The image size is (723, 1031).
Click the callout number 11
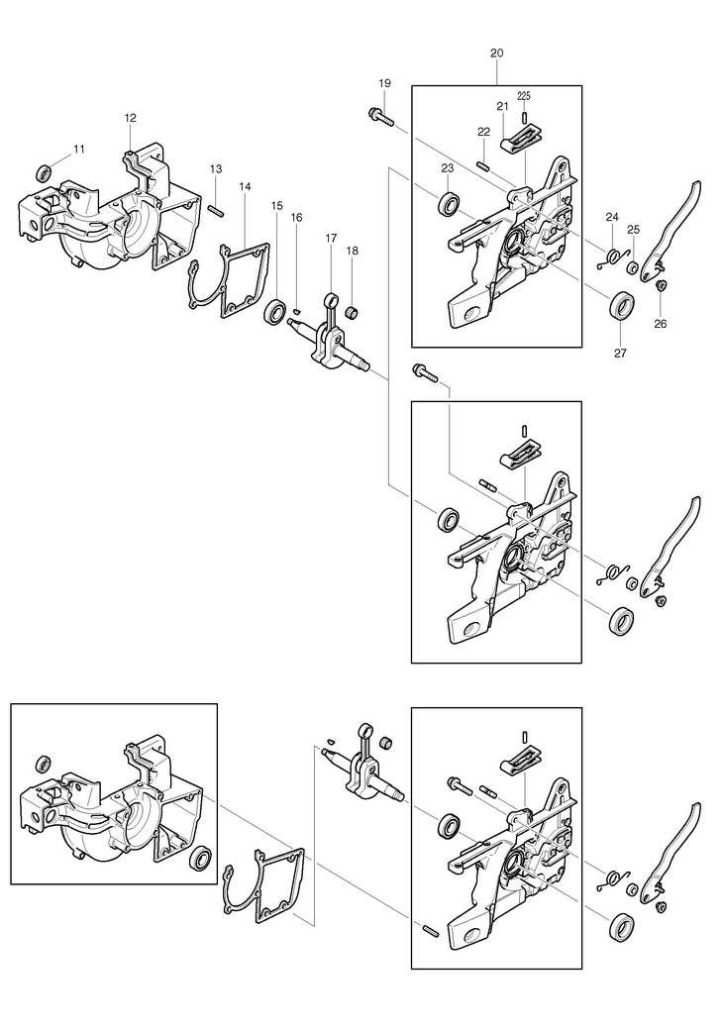[x=79, y=150]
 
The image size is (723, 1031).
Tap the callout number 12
[x=130, y=118]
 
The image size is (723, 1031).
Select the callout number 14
[x=246, y=187]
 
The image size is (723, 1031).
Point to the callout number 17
[x=331, y=238]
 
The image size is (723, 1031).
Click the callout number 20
[x=497, y=52]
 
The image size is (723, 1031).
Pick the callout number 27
[x=620, y=354]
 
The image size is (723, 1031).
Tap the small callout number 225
[x=524, y=96]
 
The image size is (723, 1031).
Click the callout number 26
[x=661, y=324]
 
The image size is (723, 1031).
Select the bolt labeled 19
[x=380, y=117]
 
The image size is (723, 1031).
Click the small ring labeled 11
[x=45, y=173]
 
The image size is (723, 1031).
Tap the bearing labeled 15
[x=275, y=310]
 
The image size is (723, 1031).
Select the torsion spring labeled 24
[x=611, y=258]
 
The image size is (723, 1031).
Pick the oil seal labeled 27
[x=622, y=306]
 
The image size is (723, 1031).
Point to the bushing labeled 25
[x=632, y=267]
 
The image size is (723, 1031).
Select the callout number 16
[x=296, y=218]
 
